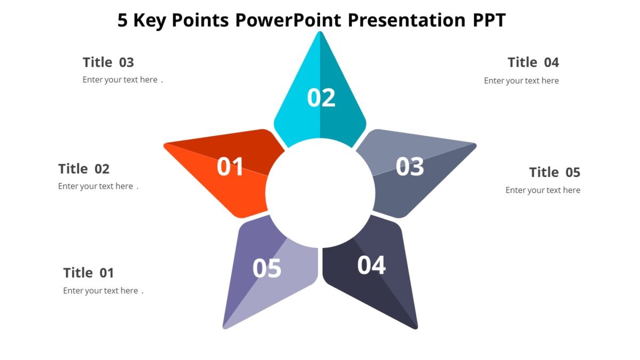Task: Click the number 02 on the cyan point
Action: [x=321, y=98]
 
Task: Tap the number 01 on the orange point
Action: [x=230, y=167]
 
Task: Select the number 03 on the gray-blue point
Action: [x=410, y=167]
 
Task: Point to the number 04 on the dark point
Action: [x=371, y=265]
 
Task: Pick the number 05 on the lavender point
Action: [x=267, y=268]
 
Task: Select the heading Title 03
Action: [x=108, y=62]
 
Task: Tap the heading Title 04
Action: [x=533, y=62]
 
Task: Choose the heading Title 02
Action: [x=84, y=169]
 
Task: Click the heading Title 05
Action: [x=555, y=172]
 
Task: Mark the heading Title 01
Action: [x=89, y=273]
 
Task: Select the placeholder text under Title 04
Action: [x=521, y=81]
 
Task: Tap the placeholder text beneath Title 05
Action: [x=542, y=190]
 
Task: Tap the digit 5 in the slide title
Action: [x=123, y=20]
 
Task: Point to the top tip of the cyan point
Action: [x=320, y=33]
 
